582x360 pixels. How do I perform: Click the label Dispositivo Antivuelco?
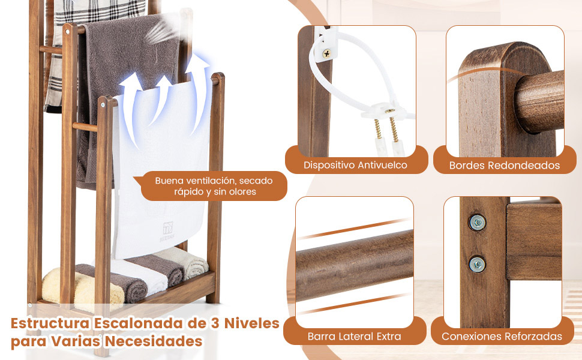355,165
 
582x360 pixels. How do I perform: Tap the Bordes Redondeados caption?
505,166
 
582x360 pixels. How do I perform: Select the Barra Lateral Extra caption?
355,337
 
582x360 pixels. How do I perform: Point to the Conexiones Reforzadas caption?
502,337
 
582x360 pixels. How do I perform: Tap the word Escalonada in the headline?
139,323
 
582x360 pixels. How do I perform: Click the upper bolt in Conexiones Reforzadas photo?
477,223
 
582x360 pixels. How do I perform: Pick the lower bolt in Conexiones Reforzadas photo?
477,265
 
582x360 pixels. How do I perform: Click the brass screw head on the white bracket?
326,53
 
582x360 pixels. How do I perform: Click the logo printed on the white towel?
168,231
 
